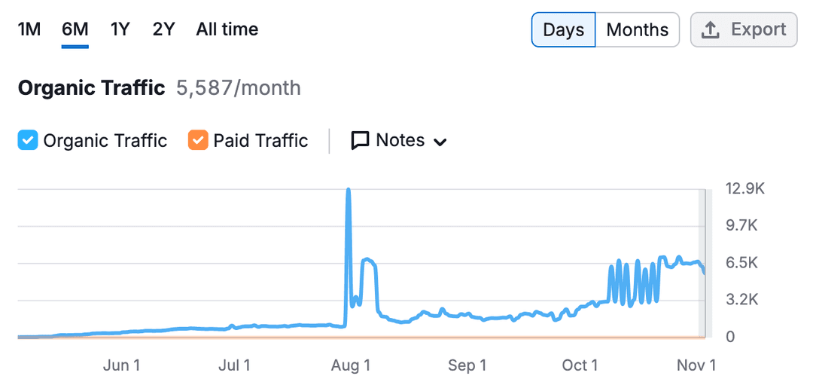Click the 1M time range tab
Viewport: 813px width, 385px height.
click(29, 29)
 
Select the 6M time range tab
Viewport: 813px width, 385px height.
click(75, 29)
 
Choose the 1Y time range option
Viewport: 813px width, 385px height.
click(120, 29)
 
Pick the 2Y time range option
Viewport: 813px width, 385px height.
click(164, 29)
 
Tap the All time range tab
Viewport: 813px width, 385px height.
click(227, 29)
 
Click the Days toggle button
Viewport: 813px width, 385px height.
click(564, 29)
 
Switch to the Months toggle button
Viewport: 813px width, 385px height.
click(638, 29)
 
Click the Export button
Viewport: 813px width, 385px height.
click(744, 29)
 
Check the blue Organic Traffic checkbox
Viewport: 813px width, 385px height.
click(28, 140)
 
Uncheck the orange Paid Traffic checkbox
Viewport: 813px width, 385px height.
click(198, 140)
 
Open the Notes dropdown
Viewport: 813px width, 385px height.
click(399, 140)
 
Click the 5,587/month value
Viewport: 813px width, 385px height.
click(239, 88)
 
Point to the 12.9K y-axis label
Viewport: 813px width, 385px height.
click(745, 189)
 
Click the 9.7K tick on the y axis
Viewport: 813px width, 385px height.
click(742, 226)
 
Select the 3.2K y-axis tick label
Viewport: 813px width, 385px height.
click(742, 300)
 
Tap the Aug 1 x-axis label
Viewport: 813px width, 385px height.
click(351, 365)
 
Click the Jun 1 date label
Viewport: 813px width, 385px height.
click(121, 365)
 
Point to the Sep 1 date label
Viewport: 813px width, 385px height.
click(467, 365)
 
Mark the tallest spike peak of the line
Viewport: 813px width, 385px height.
click(349, 189)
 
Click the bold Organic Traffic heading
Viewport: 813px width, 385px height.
click(91, 88)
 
